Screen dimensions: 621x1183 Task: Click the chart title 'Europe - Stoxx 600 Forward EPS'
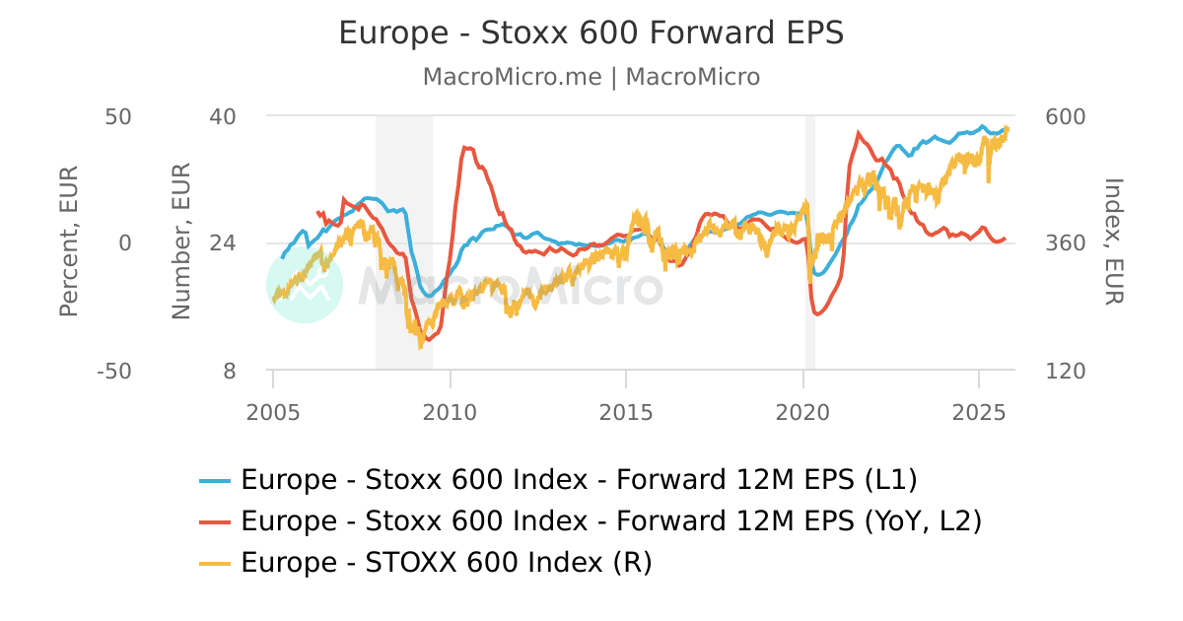(x=591, y=33)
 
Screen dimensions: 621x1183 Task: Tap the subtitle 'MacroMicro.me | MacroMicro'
(x=591, y=77)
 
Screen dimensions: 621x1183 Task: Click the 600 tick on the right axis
(x=1065, y=116)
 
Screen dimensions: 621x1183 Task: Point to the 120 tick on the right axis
(x=1065, y=372)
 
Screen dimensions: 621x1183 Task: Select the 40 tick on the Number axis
(x=223, y=116)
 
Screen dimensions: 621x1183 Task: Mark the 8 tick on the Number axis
(x=230, y=372)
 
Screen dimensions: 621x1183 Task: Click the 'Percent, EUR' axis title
(x=68, y=241)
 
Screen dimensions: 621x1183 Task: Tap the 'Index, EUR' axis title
(x=1113, y=241)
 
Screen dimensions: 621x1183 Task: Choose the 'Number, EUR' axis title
(x=180, y=241)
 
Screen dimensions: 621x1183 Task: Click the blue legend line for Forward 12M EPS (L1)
(x=215, y=481)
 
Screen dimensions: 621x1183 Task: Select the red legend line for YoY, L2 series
(x=215, y=521)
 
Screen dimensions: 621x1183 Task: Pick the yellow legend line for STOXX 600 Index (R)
(x=215, y=563)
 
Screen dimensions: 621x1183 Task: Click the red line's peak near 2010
(x=463, y=148)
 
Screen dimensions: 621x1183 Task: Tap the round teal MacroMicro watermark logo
(x=305, y=285)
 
